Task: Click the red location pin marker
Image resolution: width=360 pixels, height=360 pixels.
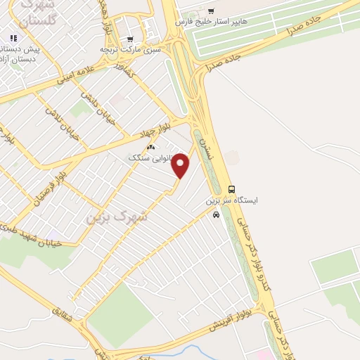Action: [181, 166]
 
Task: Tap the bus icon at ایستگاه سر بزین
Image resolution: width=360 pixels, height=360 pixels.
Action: [231, 188]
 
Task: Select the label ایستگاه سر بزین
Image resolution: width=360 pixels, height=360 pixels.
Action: [231, 200]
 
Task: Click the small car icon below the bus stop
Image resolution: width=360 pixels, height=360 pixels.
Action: [216, 214]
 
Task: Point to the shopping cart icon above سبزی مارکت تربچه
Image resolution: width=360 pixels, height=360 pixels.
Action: [130, 39]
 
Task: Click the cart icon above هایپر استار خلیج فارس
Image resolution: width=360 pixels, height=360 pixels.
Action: [212, 11]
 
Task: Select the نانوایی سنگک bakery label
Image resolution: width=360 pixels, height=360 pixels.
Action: [149, 157]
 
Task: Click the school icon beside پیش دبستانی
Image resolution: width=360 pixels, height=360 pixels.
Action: [13, 39]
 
